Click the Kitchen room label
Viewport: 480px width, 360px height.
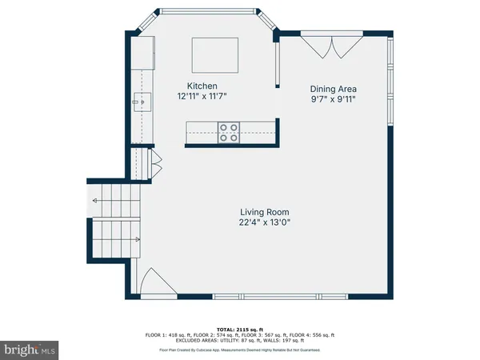pos(202,86)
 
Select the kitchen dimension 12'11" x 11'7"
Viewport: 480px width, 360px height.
pos(202,97)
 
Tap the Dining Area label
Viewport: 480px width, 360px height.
pos(334,90)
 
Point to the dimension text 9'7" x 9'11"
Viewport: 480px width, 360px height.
pos(334,100)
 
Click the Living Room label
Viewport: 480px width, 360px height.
pos(263,212)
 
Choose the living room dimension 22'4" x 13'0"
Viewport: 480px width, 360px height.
pos(263,222)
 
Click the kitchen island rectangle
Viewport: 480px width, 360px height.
pos(214,54)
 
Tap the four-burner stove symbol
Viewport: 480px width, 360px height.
pos(228,131)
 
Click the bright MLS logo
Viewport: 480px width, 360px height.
pos(31,350)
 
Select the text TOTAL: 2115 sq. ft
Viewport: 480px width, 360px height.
pos(239,329)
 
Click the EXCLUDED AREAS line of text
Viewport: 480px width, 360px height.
pos(239,340)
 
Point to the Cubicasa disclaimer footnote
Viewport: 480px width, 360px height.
pos(239,350)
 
